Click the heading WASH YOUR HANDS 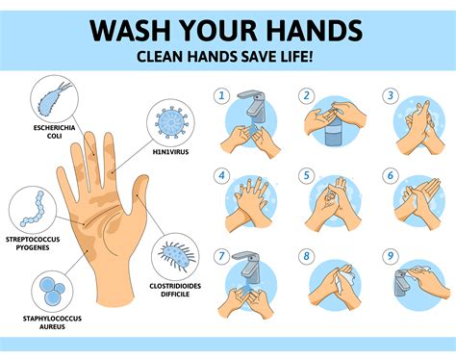(228, 29)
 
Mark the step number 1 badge (221, 96)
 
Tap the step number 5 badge (305, 176)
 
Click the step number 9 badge (390, 257)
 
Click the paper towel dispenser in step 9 (405, 283)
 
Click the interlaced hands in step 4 (252, 202)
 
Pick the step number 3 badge (390, 96)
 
